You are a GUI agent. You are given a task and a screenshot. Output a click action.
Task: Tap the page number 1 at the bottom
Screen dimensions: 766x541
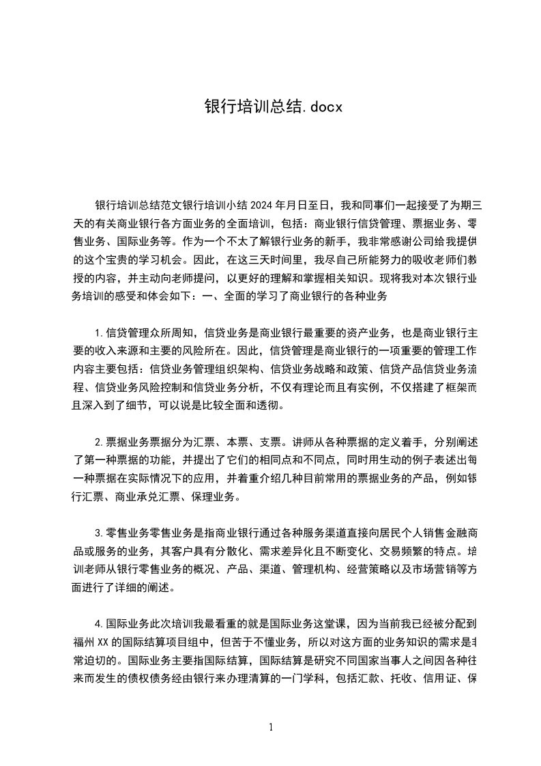pyautogui.click(x=271, y=727)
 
